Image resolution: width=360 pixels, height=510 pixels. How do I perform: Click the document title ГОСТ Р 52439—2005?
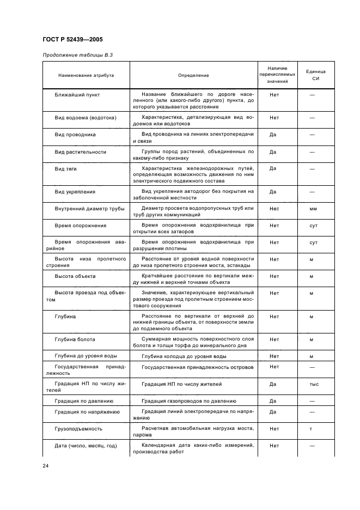[72, 40]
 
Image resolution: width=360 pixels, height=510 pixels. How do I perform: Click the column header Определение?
[193, 75]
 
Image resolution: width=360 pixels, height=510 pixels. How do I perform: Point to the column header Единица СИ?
[315, 75]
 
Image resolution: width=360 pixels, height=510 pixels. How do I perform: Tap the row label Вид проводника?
[75, 133]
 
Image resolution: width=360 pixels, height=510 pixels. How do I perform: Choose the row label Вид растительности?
[80, 151]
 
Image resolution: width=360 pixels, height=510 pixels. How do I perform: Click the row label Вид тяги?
[65, 168]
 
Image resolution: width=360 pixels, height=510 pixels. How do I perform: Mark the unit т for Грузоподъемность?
[312, 429]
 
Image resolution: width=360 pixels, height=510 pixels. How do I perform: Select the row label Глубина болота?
[75, 340]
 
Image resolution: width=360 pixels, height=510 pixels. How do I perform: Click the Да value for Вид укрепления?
[273, 192]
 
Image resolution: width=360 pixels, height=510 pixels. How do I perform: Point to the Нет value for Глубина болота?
[274, 340]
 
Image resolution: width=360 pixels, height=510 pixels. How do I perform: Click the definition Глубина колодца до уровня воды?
[184, 356]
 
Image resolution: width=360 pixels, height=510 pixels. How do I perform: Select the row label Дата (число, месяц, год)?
[86, 446]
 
